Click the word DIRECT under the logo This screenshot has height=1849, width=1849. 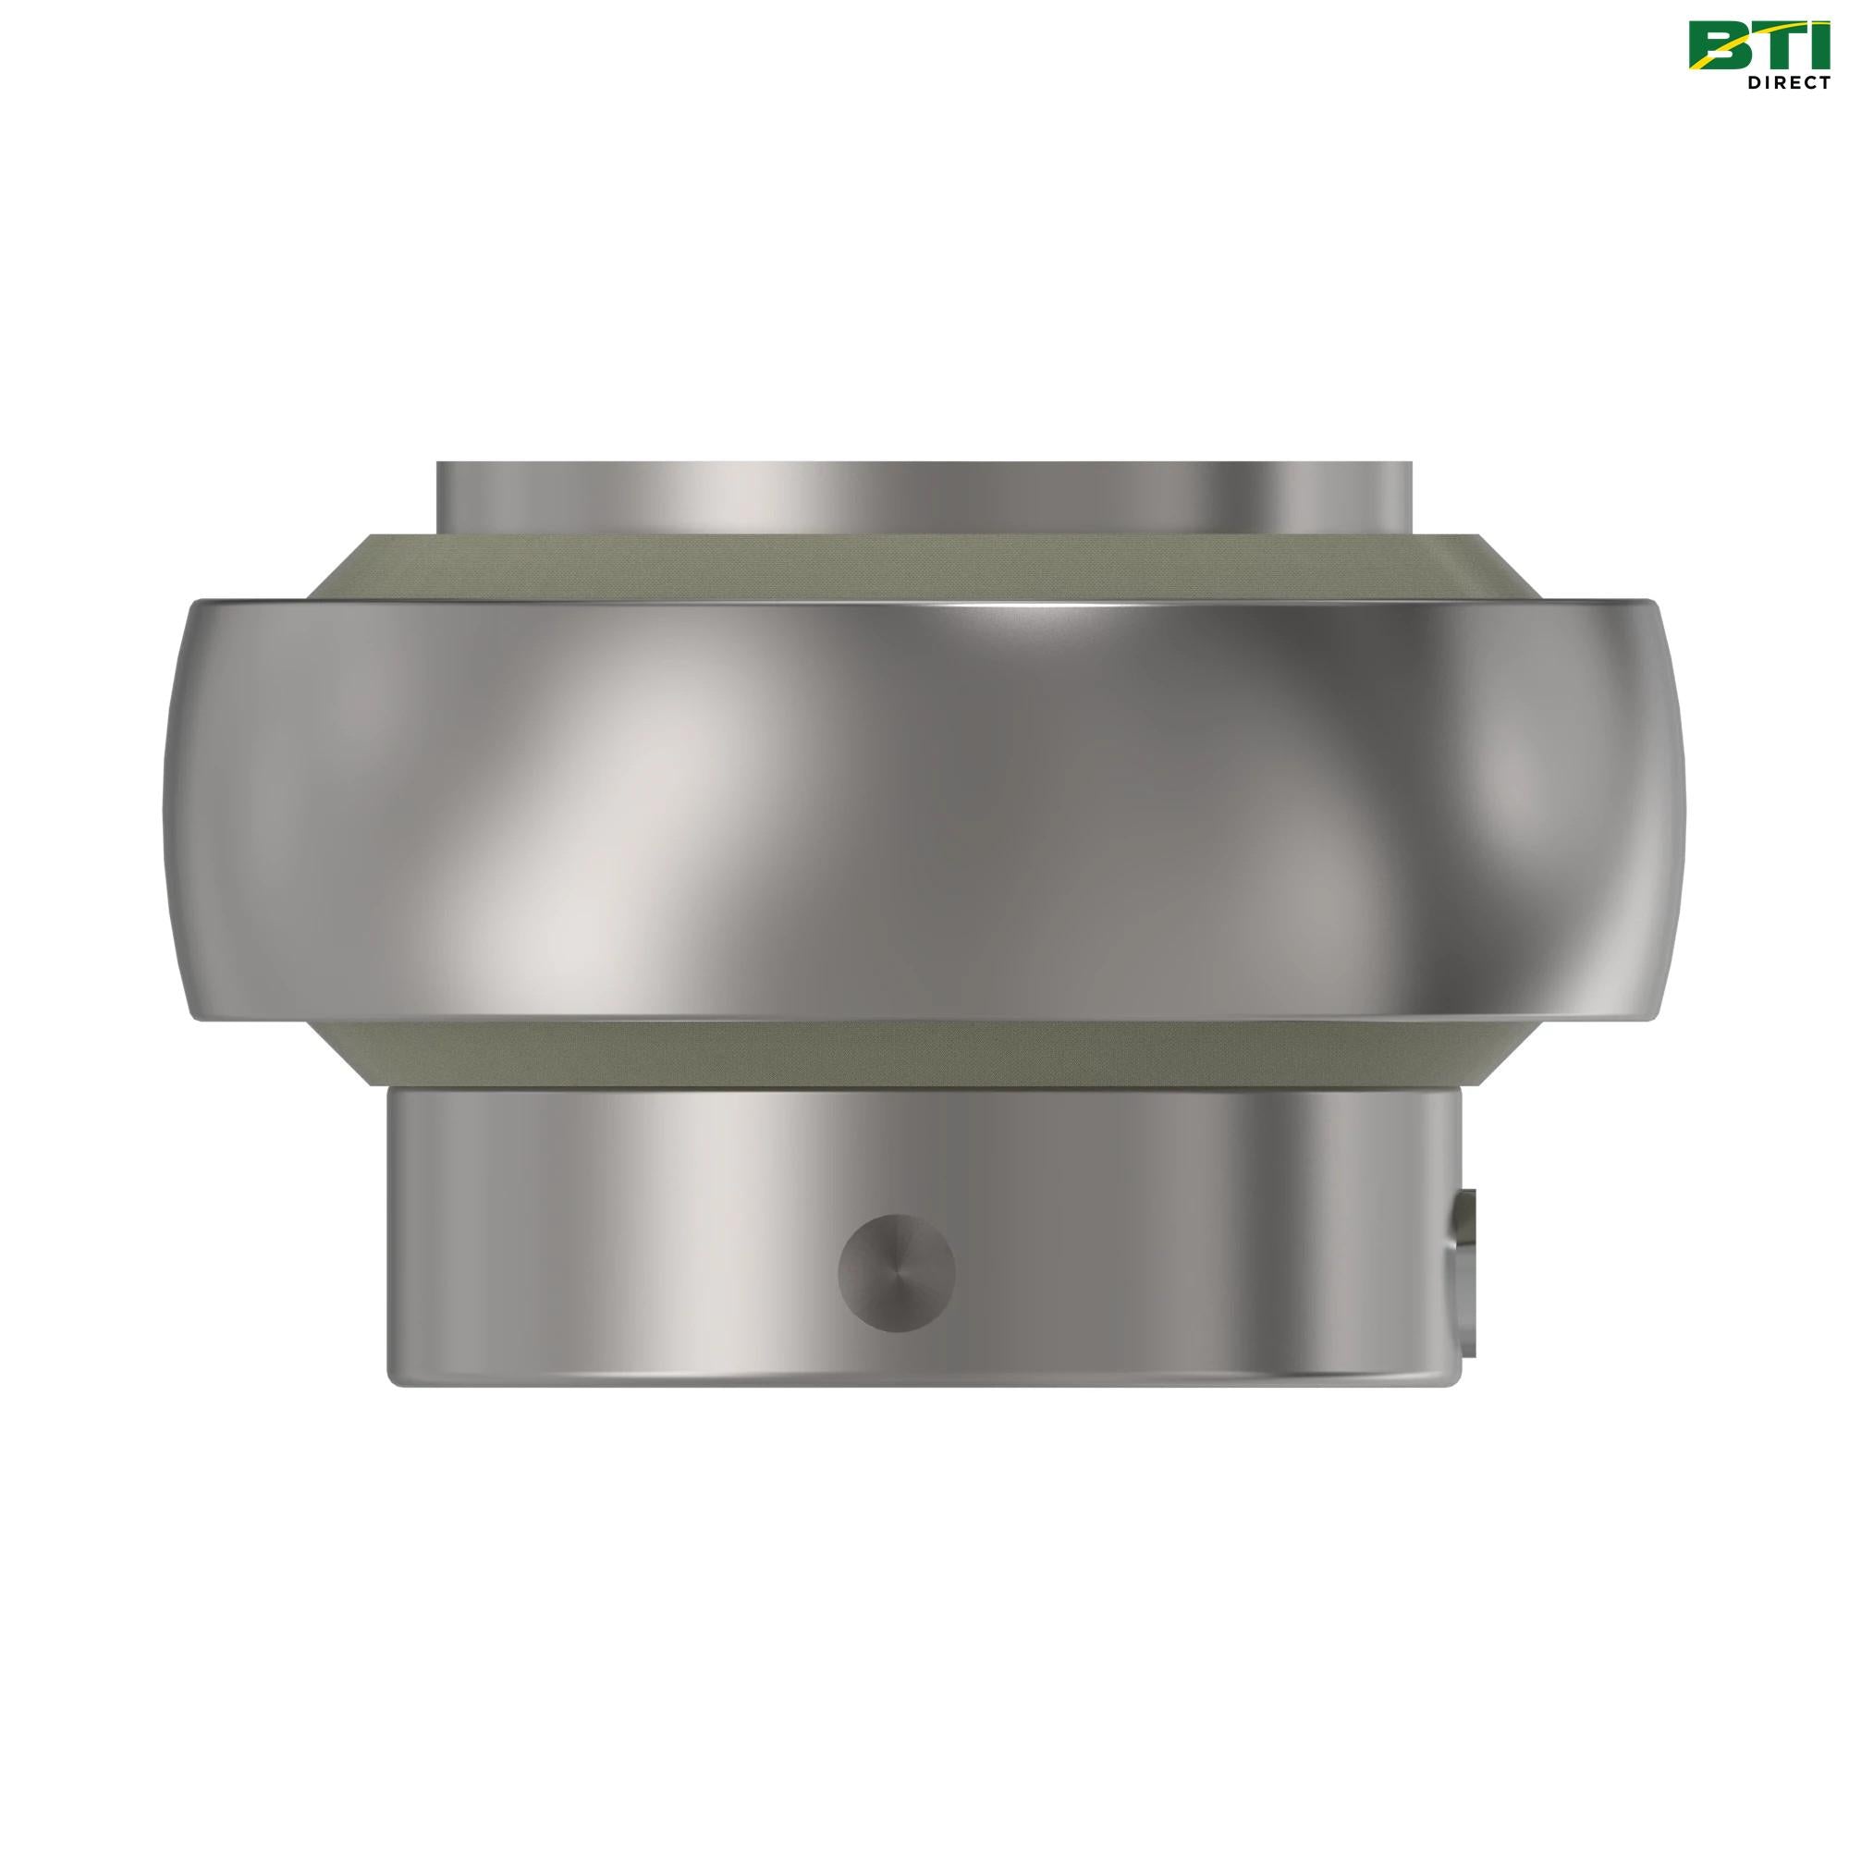pos(1787,82)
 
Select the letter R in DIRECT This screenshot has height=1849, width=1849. pos(1772,82)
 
